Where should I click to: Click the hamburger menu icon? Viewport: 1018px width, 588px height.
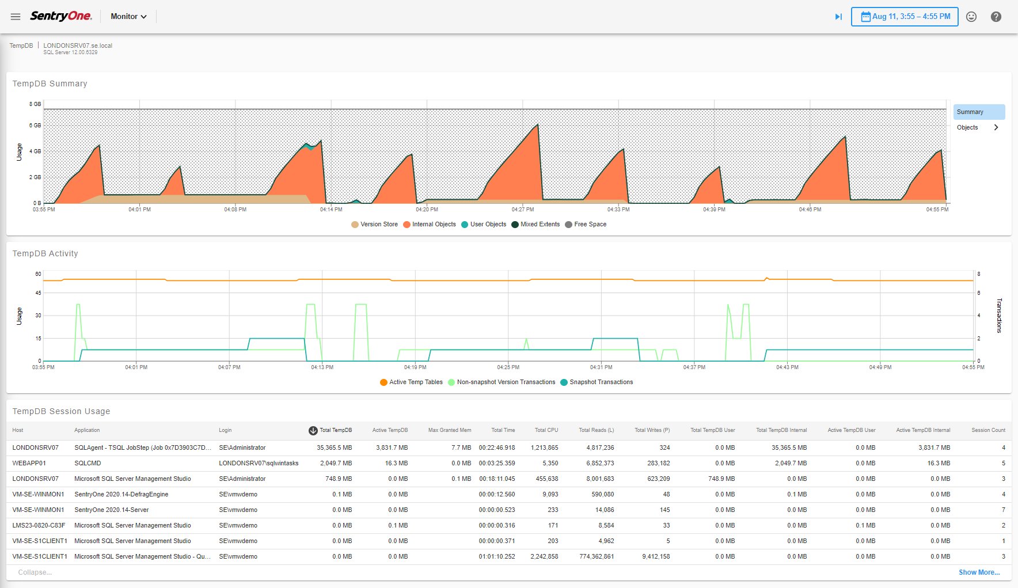pos(16,17)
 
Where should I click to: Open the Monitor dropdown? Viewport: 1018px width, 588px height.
pos(128,17)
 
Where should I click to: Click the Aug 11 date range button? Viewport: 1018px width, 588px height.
pos(905,17)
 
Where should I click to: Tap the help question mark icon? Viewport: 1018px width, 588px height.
pos(996,17)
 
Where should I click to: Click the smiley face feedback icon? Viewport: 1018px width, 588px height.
pos(971,17)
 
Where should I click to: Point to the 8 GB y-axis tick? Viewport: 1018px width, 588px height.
pos(35,104)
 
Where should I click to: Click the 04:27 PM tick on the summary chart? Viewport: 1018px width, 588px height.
pos(523,210)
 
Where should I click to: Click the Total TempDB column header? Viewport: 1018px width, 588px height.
pos(335,430)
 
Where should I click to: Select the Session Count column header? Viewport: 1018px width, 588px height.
pos(988,430)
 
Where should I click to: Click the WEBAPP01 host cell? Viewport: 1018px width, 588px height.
pos(29,463)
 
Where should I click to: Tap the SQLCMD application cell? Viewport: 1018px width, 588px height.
pos(88,463)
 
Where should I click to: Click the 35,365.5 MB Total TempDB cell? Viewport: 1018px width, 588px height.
pos(334,447)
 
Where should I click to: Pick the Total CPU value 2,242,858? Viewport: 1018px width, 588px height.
pos(544,556)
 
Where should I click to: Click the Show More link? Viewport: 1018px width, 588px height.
pos(979,572)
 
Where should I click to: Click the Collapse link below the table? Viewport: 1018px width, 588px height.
pos(35,572)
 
